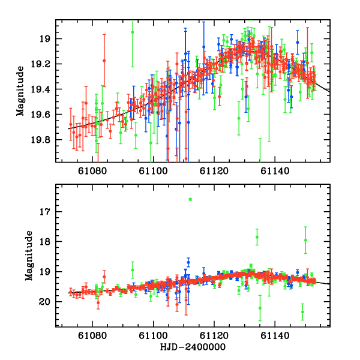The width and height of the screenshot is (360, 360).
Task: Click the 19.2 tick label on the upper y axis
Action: click(44, 64)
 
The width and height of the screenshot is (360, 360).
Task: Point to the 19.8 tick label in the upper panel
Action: click(44, 140)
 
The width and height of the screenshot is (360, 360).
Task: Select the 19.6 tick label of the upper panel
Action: click(44, 115)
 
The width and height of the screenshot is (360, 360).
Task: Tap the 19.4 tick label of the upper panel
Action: click(44, 89)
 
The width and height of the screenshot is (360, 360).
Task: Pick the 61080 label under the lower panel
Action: click(91, 337)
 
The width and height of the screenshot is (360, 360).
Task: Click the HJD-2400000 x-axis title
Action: click(193, 348)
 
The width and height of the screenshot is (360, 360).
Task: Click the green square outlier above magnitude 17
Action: click(190, 199)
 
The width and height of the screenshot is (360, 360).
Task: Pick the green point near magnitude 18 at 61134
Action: click(257, 237)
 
